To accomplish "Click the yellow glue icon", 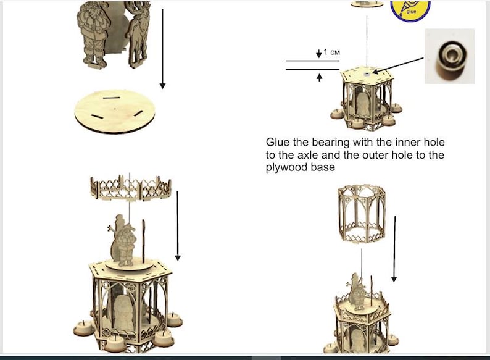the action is click(410, 10).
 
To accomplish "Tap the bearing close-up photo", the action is click(450, 56).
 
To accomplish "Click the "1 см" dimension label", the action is click(331, 52).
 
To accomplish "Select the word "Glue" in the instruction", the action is click(278, 142).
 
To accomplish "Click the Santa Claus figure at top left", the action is click(94, 34).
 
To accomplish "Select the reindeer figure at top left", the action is click(138, 34).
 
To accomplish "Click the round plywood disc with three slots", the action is click(115, 111).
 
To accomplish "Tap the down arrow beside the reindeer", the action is click(162, 49).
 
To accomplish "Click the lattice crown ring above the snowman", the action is click(131, 188).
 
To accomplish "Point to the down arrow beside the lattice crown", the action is click(178, 226).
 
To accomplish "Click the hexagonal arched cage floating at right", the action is click(362, 214).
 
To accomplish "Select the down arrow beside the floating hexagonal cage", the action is click(394, 249).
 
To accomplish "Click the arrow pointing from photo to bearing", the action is click(398, 65).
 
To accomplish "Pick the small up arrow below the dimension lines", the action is click(319, 77).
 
